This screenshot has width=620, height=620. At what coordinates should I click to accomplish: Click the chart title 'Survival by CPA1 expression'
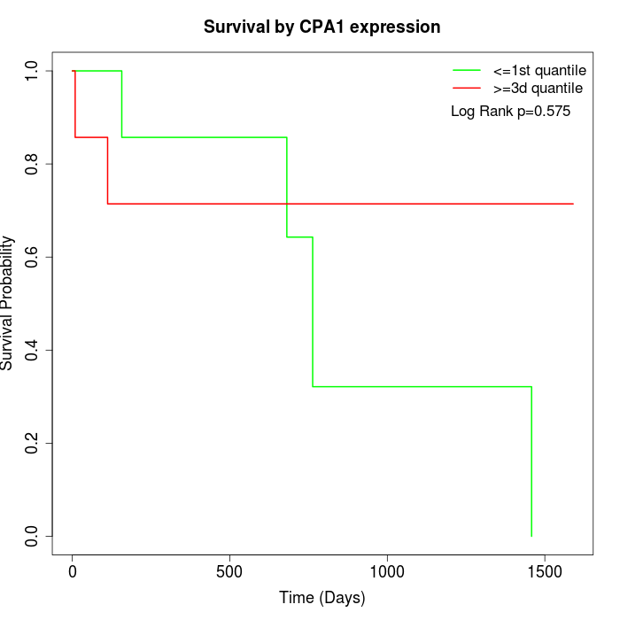pyautogui.click(x=322, y=27)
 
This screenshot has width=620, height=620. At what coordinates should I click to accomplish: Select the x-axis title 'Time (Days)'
pyautogui.click(x=322, y=598)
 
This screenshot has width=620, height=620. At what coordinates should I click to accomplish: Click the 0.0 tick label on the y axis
pyautogui.click(x=33, y=536)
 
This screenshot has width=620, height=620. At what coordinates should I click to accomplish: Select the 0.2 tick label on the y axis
pyautogui.click(x=33, y=443)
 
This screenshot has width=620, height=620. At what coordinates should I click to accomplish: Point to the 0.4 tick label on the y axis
pyautogui.click(x=33, y=350)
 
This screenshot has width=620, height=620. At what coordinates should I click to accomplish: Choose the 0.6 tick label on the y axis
pyautogui.click(x=33, y=257)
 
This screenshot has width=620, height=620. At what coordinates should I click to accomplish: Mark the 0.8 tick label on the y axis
pyautogui.click(x=33, y=164)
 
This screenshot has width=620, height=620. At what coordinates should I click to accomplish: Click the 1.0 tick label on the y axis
pyautogui.click(x=33, y=71)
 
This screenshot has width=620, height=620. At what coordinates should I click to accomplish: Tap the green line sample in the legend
pyautogui.click(x=467, y=71)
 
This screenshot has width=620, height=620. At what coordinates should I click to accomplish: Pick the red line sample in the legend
pyautogui.click(x=467, y=89)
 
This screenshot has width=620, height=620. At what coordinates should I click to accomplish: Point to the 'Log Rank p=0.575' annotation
pyautogui.click(x=510, y=112)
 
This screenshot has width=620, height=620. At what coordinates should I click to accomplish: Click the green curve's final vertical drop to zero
pyautogui.click(x=531, y=461)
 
